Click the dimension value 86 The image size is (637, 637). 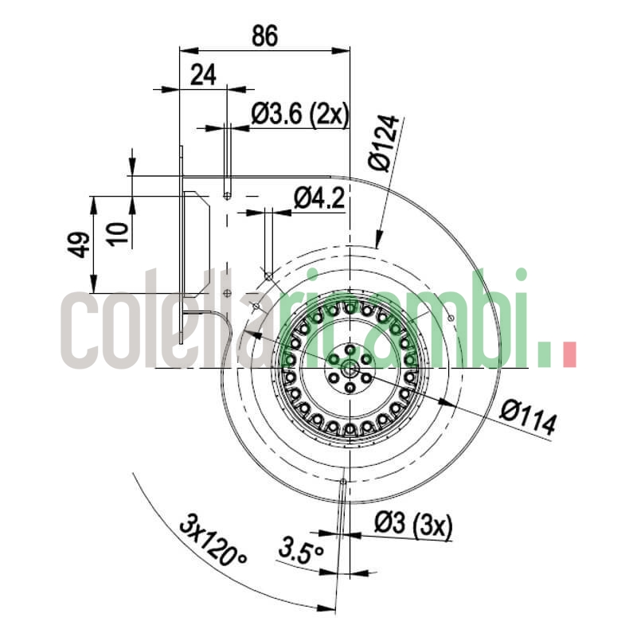pyautogui.click(x=264, y=35)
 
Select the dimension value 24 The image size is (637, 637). pyautogui.click(x=204, y=75)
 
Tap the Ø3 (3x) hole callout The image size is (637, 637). pyautogui.click(x=412, y=525)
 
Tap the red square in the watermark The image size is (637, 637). pyautogui.click(x=569, y=355)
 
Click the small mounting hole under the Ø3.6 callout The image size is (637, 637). pyautogui.click(x=228, y=195)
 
